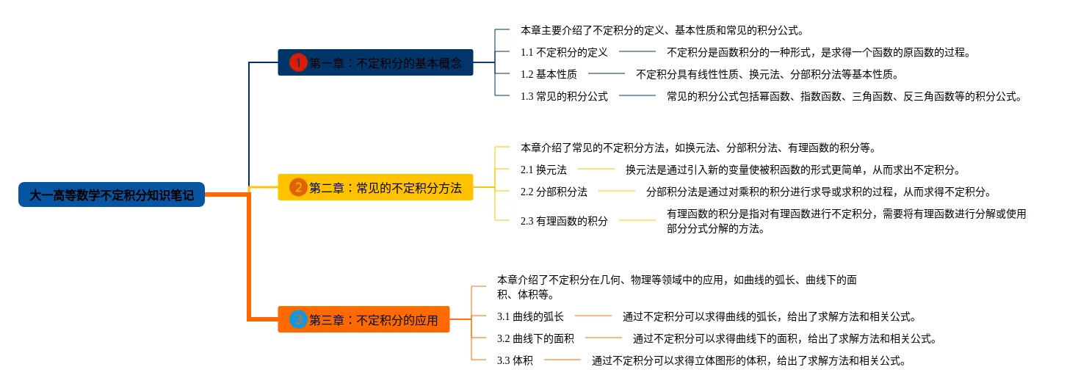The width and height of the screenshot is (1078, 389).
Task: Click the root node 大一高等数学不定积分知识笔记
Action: point(112,194)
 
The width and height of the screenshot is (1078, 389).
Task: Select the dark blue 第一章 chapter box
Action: point(375,62)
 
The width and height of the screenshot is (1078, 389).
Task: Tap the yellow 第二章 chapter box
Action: point(375,187)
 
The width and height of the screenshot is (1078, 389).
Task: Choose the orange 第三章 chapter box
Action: point(363,319)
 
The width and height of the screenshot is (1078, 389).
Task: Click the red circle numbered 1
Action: point(297,62)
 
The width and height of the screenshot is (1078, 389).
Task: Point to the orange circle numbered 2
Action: point(297,187)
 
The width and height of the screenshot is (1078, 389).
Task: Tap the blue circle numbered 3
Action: point(297,319)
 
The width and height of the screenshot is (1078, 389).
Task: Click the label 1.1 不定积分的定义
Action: point(564,52)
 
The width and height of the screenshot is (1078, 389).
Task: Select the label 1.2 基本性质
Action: point(549,74)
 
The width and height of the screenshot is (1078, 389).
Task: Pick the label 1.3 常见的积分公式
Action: point(564,96)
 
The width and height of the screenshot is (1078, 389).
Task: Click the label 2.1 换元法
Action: point(543,170)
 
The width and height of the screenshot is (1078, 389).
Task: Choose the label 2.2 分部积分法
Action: point(554,192)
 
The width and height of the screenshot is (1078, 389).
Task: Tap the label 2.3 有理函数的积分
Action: point(564,220)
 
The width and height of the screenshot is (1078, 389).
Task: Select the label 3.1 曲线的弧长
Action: point(530,316)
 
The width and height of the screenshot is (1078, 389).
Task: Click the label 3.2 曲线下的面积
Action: point(535,338)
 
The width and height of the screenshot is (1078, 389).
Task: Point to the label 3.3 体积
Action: point(515,360)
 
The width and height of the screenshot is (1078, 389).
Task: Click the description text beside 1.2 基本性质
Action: point(767,74)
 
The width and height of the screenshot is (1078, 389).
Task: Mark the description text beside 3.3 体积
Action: point(748,360)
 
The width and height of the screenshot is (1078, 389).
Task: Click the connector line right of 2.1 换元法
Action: point(596,170)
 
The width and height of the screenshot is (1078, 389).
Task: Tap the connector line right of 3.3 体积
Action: point(562,360)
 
